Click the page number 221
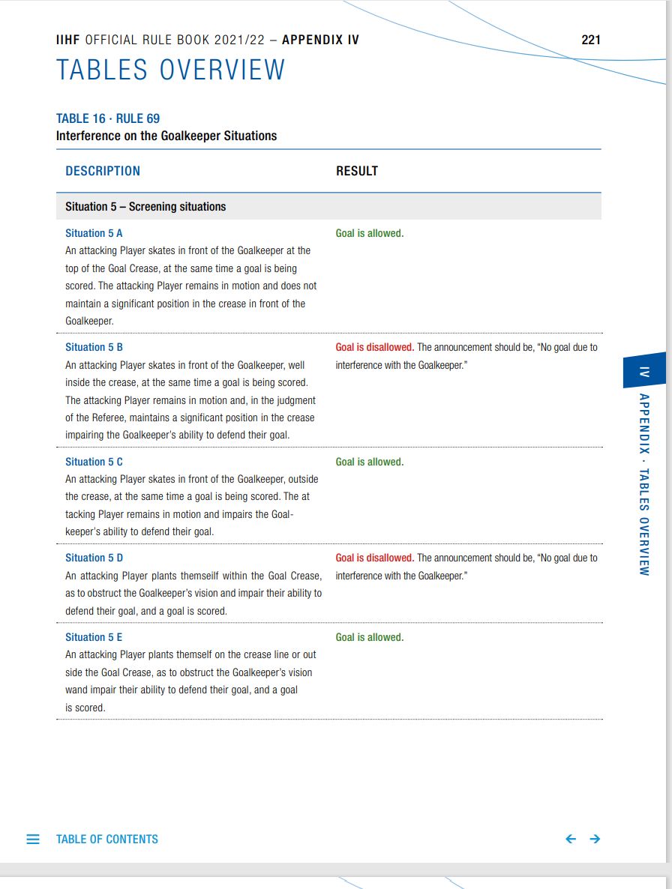[590, 40]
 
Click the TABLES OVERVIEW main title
[171, 70]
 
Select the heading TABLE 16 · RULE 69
[108, 118]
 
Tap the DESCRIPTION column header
[103, 171]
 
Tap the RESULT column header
[357, 171]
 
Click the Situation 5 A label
[94, 233]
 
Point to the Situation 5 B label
[94, 347]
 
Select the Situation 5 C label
[94, 462]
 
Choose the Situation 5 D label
[94, 558]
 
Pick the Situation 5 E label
[94, 637]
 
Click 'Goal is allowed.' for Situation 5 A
[370, 233]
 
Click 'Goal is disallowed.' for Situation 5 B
[375, 347]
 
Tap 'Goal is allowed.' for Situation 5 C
[370, 462]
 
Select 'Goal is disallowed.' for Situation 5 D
[375, 558]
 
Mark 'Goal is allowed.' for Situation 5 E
[370, 637]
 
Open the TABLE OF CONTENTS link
[107, 840]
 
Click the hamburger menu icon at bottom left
[33, 840]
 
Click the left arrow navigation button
[571, 840]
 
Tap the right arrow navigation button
[595, 840]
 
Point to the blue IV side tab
[643, 371]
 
